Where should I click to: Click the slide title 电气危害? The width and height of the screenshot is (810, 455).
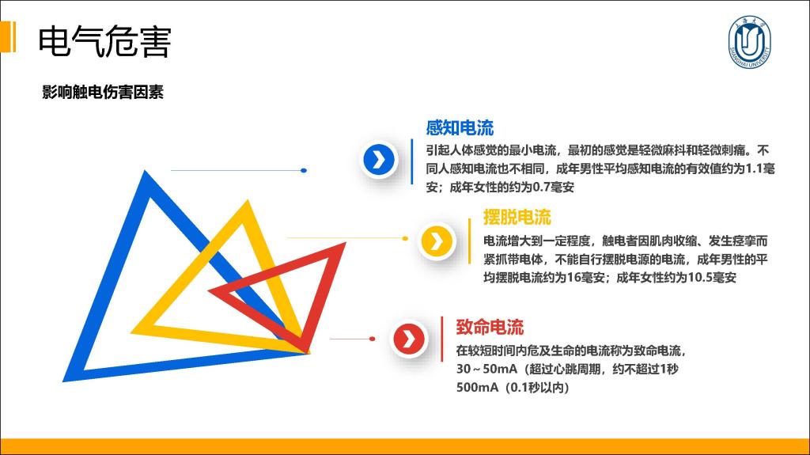pos(104,41)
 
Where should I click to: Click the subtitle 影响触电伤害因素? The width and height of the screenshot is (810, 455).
pos(103,92)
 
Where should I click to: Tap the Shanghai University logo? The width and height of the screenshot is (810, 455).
pos(749,42)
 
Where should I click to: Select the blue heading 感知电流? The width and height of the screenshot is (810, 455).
pos(460,127)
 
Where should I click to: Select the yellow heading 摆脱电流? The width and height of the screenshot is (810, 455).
pos(517,217)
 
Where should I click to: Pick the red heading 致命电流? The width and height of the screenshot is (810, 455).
pos(490,327)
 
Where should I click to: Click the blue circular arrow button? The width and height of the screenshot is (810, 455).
pos(379,159)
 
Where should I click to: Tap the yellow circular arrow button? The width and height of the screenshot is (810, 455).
pos(437,241)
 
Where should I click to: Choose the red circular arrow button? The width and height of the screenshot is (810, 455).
pos(409,339)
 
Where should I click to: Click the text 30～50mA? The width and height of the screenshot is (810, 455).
pos(486,370)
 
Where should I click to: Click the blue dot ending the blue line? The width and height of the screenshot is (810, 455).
pos(304,170)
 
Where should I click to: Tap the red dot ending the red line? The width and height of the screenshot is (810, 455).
pos(372,339)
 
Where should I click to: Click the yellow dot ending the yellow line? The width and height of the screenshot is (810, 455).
pos(405,238)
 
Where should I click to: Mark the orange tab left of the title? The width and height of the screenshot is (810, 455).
pos(8,36)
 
